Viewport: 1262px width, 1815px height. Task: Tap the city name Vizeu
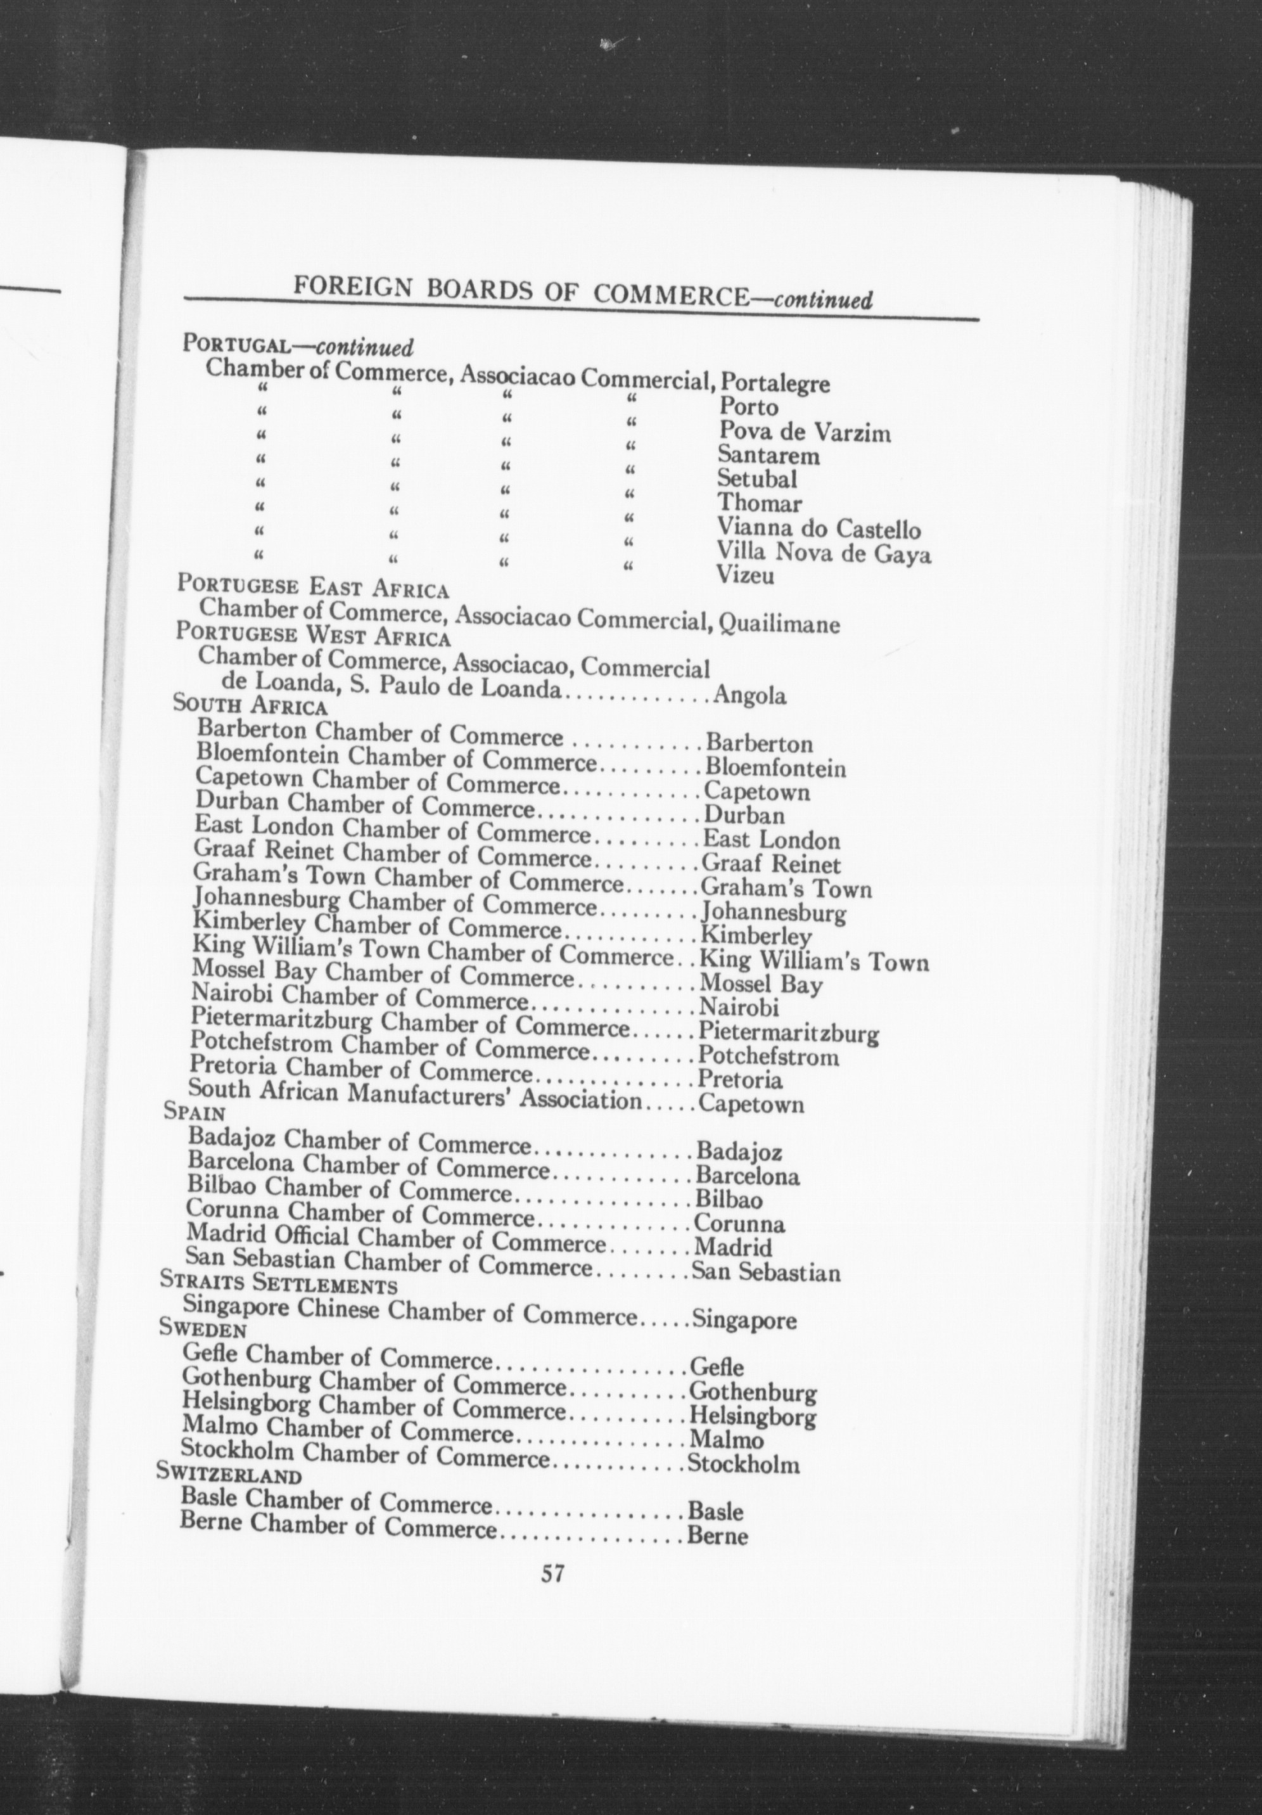click(x=744, y=575)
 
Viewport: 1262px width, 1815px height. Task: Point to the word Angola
click(x=749, y=696)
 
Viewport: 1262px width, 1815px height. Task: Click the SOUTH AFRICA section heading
click(x=250, y=703)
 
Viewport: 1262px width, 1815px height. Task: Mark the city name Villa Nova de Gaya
click(x=824, y=553)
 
